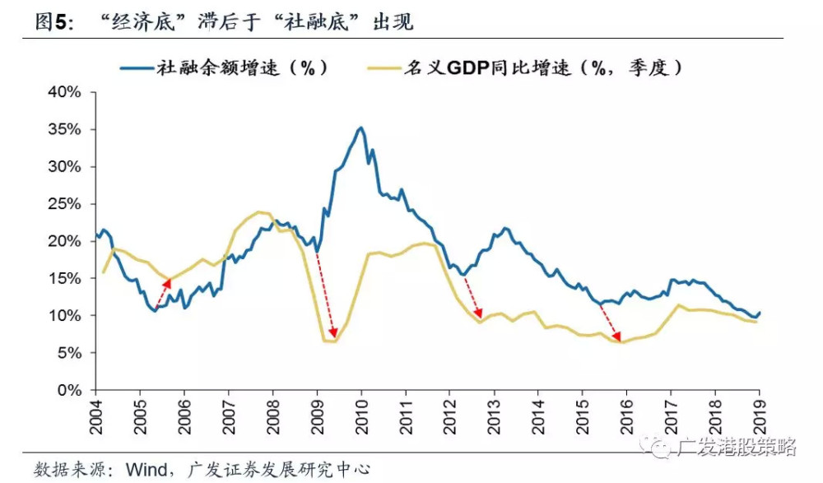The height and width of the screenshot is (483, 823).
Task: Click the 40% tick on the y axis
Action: pyautogui.click(x=63, y=92)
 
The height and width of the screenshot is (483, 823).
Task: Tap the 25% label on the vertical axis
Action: pyautogui.click(x=63, y=204)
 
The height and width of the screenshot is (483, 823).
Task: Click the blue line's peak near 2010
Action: pyautogui.click(x=360, y=128)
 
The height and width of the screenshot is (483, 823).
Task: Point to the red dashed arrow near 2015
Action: pyautogui.click(x=609, y=321)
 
